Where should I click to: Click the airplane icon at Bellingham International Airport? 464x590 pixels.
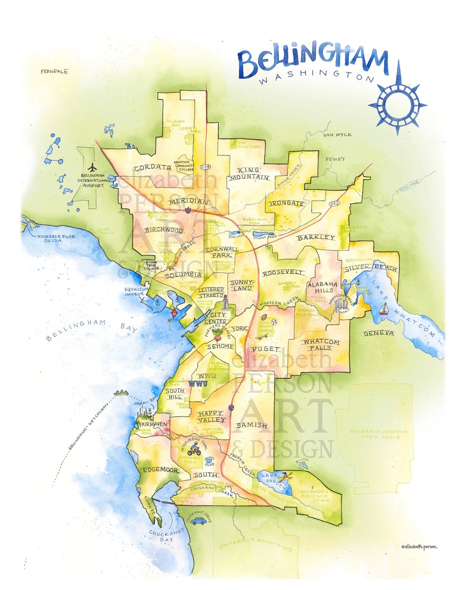point(92,167)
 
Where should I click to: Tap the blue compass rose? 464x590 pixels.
point(397,104)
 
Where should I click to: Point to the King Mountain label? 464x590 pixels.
point(249,174)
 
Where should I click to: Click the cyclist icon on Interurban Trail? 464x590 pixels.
point(194,450)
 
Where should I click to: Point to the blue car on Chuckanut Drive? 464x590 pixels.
point(198,521)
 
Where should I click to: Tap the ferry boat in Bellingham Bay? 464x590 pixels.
point(121,392)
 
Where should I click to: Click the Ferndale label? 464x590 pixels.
point(54,71)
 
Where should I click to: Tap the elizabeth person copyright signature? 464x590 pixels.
point(419,547)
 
